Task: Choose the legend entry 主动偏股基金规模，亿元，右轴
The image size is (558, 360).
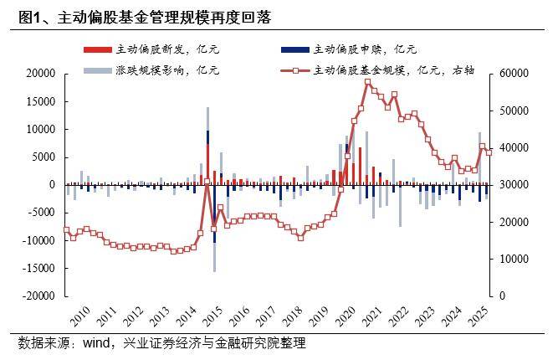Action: tap(394, 70)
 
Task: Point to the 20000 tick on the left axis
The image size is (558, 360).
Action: tap(41, 74)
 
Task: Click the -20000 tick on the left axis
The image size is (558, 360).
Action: tap(38, 296)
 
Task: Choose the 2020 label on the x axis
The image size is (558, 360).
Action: tap(346, 316)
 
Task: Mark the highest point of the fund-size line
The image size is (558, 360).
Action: tap(367, 82)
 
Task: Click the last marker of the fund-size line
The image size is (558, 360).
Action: tap(489, 152)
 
